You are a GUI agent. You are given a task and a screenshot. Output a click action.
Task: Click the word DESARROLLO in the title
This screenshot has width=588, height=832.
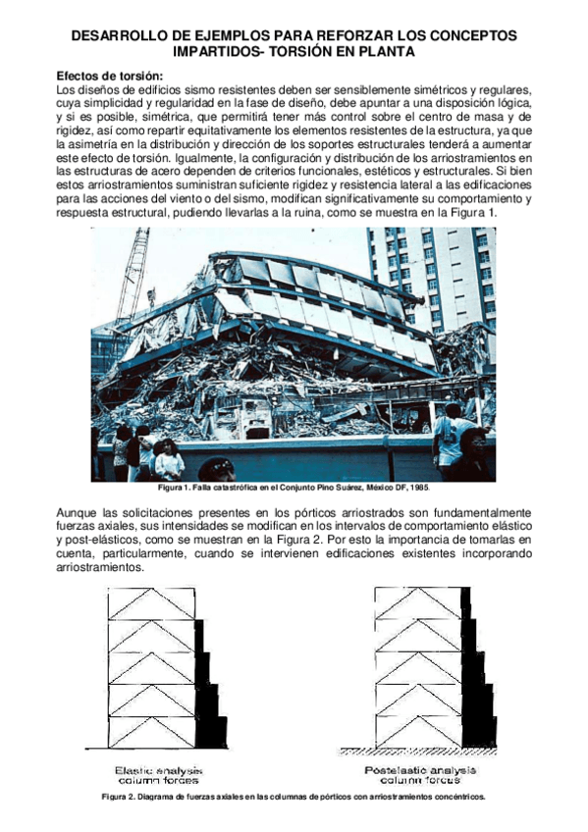tap(124, 35)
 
